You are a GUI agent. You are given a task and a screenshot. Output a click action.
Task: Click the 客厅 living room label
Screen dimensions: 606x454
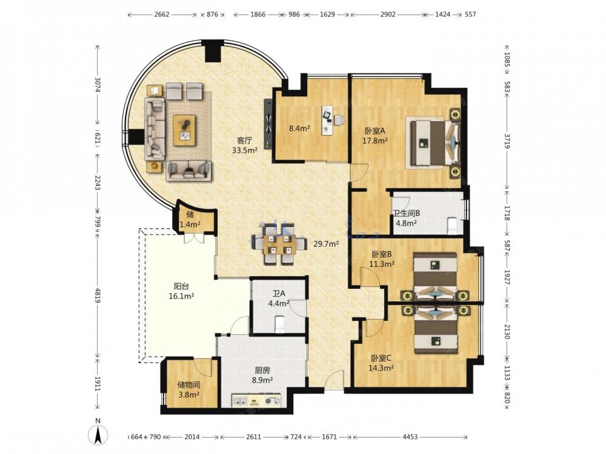244,140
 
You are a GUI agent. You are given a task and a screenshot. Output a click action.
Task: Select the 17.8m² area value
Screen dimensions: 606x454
375,141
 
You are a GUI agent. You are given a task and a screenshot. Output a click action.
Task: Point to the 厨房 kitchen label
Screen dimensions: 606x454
262,370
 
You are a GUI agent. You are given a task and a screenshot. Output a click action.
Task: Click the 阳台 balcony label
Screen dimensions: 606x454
181,286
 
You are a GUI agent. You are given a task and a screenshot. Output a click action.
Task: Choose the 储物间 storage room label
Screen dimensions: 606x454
188,384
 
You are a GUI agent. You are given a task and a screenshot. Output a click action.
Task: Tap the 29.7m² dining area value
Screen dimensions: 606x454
326,243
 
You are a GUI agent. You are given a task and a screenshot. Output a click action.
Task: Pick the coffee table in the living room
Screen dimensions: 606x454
185,130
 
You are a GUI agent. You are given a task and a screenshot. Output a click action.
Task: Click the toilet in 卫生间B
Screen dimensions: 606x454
452,226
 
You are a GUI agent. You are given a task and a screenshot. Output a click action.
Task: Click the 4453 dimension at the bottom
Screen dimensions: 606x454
410,437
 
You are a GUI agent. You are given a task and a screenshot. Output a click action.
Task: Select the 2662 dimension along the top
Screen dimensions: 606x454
162,15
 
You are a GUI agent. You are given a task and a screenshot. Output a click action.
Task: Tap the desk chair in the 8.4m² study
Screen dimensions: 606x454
339,120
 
